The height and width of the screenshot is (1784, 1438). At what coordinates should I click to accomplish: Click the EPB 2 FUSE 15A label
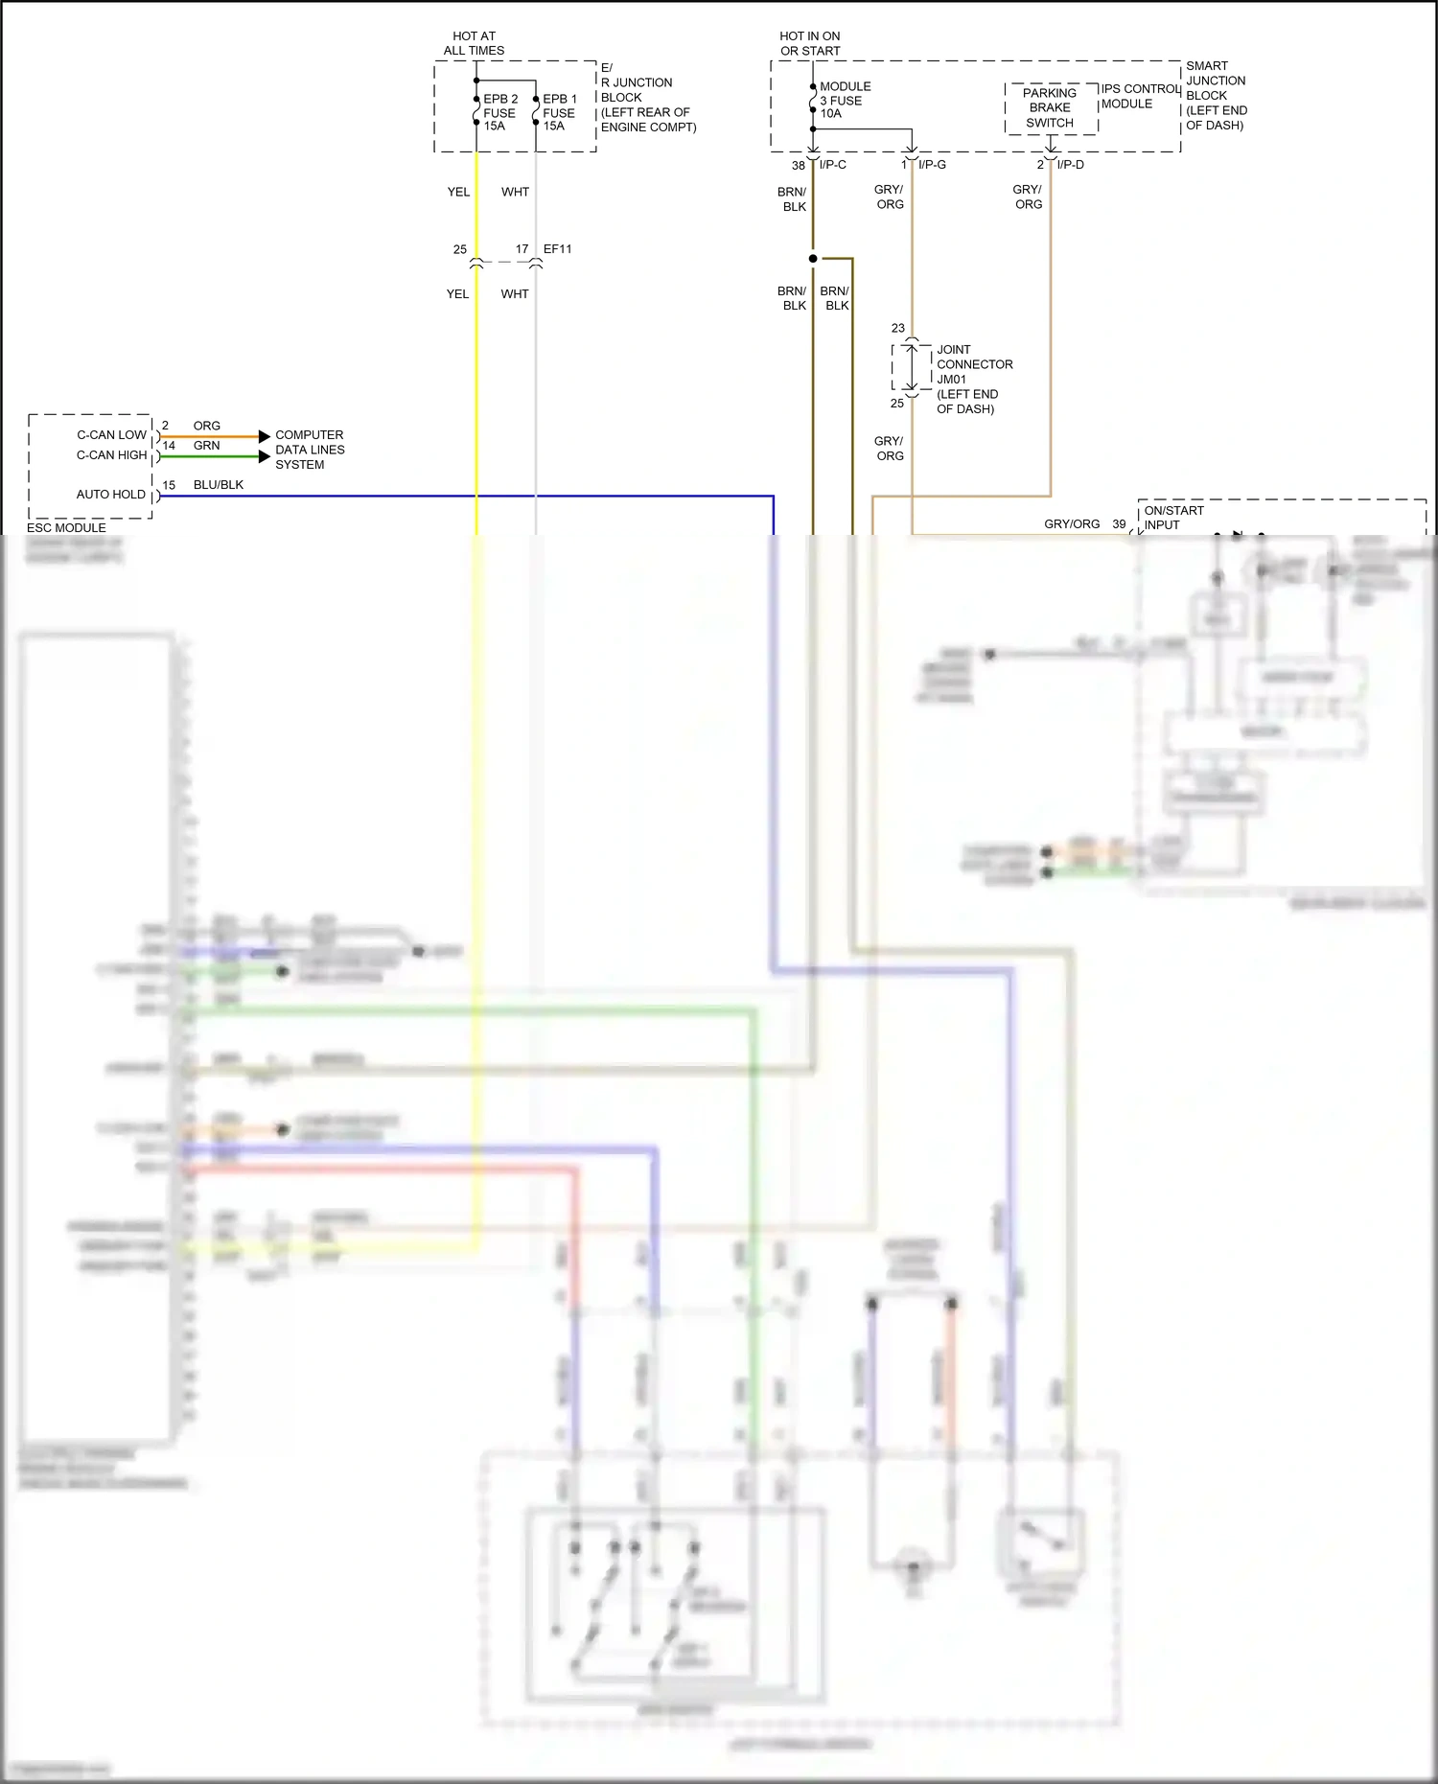pos(499,112)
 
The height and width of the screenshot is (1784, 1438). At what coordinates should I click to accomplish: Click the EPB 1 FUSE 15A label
pos(559,112)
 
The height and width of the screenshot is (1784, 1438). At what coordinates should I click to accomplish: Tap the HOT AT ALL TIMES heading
pos(474,43)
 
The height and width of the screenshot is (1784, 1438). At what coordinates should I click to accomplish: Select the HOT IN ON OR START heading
pos(810,43)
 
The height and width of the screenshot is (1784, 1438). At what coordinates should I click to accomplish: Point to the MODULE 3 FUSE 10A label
pos(844,100)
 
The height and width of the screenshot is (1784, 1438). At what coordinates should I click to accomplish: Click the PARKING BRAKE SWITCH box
pos(1050,108)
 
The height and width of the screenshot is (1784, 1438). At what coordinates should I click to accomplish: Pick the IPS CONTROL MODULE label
pos(1139,96)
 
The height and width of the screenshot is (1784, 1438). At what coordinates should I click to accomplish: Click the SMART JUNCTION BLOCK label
pos(1216,95)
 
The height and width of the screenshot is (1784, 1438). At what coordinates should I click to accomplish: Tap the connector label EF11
pos(557,249)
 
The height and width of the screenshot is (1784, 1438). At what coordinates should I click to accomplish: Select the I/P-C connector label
pos(832,165)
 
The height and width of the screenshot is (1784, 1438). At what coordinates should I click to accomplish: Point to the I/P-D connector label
pos(1070,165)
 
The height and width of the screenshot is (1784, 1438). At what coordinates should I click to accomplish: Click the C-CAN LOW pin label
pos(111,435)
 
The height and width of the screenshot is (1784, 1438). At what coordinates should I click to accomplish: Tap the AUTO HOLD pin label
pos(110,495)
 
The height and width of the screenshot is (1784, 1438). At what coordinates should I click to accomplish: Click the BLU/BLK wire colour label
pos(218,485)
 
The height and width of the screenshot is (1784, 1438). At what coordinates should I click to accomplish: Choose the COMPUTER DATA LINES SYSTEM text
pos(309,450)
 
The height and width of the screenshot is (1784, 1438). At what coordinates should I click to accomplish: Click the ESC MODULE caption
pos(66,528)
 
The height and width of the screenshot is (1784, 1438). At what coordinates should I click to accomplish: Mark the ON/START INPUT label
pos(1172,518)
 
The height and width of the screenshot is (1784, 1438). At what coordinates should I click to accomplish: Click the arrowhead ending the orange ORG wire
pos(265,437)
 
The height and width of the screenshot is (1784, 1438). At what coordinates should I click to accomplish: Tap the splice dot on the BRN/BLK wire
pos(813,259)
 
